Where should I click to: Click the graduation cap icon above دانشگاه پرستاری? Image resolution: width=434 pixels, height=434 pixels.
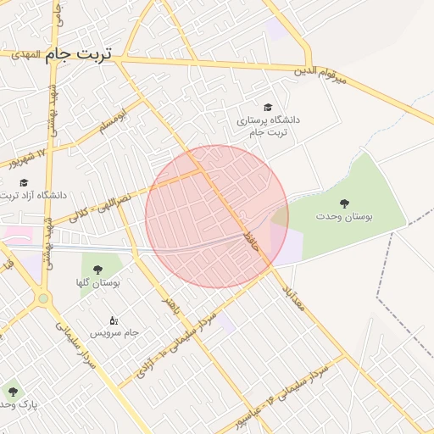[x=269, y=108]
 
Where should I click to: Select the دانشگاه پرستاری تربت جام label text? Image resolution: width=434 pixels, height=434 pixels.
[x=269, y=126]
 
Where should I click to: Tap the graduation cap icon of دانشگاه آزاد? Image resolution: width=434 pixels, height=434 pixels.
[x=24, y=182]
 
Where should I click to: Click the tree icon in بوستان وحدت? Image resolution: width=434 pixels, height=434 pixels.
[x=344, y=203]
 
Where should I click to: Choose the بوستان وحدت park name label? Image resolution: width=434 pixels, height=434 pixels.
[x=344, y=218]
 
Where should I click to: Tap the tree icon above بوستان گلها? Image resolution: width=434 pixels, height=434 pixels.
[x=97, y=270]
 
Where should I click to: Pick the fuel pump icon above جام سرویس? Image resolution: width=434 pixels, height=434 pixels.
[x=114, y=320]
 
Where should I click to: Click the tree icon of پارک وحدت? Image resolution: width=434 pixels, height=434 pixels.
[x=11, y=391]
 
